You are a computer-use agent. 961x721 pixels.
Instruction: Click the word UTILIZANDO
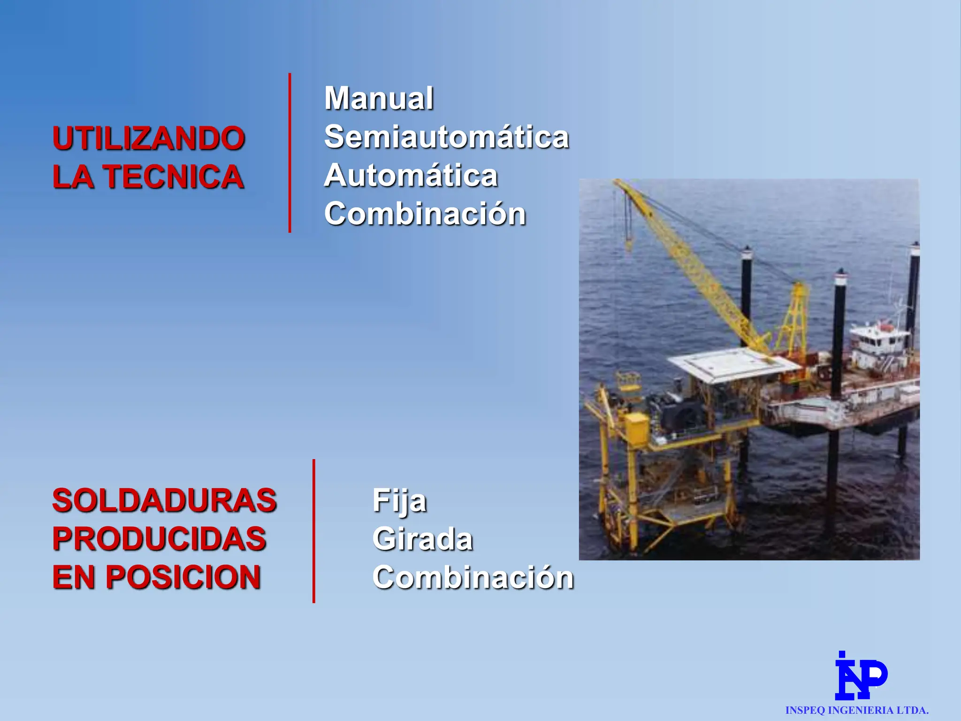pyautogui.click(x=148, y=139)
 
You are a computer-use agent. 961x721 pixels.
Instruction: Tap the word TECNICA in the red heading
pyautogui.click(x=174, y=177)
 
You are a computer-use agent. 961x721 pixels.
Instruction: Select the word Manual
pyautogui.click(x=379, y=99)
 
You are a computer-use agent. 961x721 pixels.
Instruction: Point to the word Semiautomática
pyautogui.click(x=446, y=137)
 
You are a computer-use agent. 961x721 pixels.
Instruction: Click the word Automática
pyautogui.click(x=411, y=176)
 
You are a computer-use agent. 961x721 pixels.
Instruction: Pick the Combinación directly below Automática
pyautogui.click(x=425, y=214)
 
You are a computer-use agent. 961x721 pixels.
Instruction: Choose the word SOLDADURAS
pyautogui.click(x=164, y=500)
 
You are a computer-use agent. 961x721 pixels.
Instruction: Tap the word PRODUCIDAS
pyautogui.click(x=159, y=539)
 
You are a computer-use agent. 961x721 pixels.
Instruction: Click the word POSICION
pyautogui.click(x=183, y=577)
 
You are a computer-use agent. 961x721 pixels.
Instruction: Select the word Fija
pyautogui.click(x=399, y=501)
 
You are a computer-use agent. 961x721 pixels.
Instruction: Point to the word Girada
pyautogui.click(x=422, y=539)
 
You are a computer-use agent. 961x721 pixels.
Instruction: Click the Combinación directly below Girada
pyautogui.click(x=473, y=577)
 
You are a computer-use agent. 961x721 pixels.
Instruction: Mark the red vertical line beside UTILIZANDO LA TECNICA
pyautogui.click(x=290, y=153)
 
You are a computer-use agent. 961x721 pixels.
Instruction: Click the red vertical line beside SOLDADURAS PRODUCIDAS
pyautogui.click(x=313, y=531)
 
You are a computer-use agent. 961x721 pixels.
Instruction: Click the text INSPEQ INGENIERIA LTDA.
pyautogui.click(x=857, y=711)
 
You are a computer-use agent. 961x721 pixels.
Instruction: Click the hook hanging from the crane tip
pyautogui.click(x=628, y=244)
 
